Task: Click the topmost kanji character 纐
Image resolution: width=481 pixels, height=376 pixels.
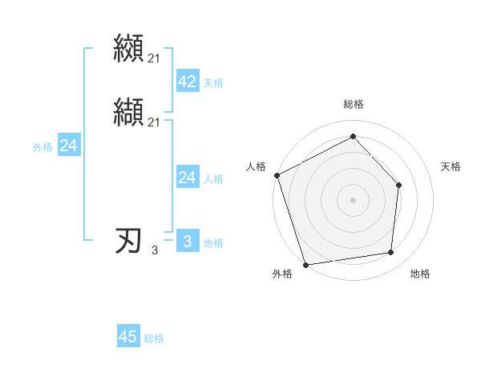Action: [x=129, y=48]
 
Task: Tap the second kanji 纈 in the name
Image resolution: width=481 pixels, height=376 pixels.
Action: [x=129, y=112]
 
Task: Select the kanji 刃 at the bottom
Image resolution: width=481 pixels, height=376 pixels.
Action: [x=129, y=241]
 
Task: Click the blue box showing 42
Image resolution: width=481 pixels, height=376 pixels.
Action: [x=187, y=82]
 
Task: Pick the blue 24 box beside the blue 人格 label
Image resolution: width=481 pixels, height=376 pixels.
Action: [x=187, y=178]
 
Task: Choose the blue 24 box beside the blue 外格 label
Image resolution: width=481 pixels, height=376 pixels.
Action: [x=69, y=146]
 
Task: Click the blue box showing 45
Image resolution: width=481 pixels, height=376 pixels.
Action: [x=128, y=337]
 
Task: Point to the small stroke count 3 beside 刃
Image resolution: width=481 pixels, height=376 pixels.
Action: [x=155, y=251]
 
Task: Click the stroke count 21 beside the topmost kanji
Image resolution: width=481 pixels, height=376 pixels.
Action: [x=154, y=58]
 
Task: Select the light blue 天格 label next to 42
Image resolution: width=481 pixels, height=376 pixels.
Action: [x=213, y=83]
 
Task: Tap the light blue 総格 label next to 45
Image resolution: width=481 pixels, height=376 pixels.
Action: [x=154, y=338]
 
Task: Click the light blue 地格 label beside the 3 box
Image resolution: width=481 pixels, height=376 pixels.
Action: [x=213, y=243]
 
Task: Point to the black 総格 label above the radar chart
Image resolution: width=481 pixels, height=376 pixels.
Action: [x=354, y=104]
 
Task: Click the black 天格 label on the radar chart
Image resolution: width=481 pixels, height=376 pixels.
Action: [x=451, y=166]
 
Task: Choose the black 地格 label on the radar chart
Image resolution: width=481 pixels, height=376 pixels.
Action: [x=420, y=274]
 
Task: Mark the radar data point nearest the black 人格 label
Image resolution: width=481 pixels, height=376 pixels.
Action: [x=277, y=174]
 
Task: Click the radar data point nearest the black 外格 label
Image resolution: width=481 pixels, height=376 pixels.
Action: [x=305, y=264]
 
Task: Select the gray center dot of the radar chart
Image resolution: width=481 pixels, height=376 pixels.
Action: [x=353, y=198]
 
